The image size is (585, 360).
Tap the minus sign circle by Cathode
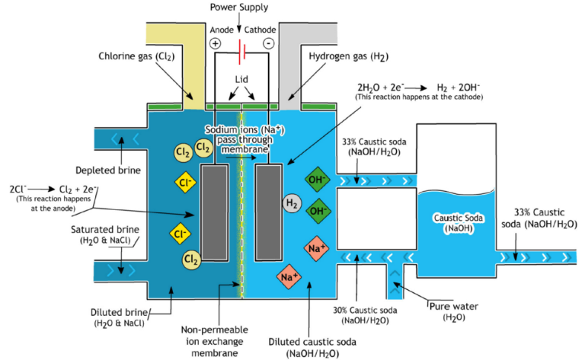pos(269,44)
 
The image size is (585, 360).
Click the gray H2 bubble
pos(291,202)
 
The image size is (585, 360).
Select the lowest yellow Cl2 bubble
pos(191,261)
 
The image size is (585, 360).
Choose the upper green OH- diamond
pos(316,180)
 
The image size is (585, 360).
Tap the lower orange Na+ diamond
pos(289,276)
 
